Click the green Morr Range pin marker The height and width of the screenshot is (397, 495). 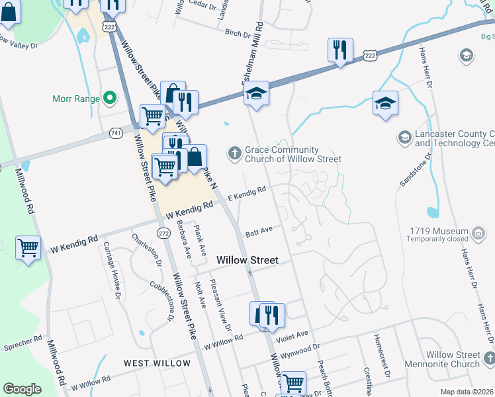110,99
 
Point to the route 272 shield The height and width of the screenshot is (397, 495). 163,233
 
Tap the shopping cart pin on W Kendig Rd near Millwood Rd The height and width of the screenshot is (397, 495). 28,249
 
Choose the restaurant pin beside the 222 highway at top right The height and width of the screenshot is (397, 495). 340,50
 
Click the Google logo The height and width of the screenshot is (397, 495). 22,388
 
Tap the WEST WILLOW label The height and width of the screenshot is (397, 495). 157,363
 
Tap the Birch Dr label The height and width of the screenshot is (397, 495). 238,32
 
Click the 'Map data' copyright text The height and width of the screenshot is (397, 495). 467,392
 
